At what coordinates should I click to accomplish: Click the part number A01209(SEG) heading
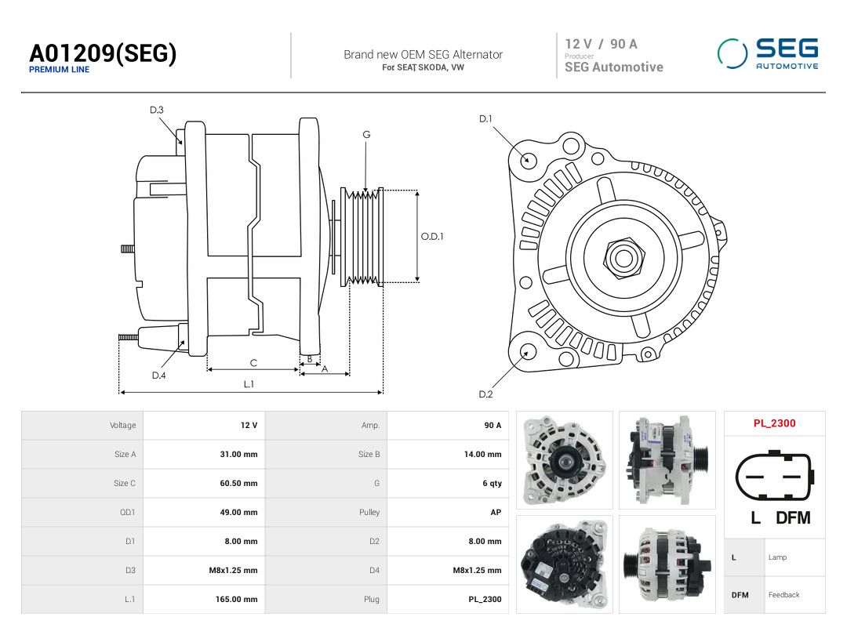pyautogui.click(x=103, y=53)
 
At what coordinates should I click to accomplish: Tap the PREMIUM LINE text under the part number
pyautogui.click(x=59, y=70)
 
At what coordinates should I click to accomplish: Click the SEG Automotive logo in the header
pyautogui.click(x=768, y=53)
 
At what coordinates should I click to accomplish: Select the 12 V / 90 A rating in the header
pyautogui.click(x=602, y=44)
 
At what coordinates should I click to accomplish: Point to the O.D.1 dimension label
pyautogui.click(x=432, y=237)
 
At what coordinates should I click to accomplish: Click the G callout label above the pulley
pyautogui.click(x=366, y=135)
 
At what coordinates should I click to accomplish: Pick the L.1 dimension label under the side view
pyautogui.click(x=249, y=384)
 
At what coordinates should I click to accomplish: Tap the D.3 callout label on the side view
pyautogui.click(x=157, y=110)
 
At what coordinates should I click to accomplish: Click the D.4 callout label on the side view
pyautogui.click(x=158, y=376)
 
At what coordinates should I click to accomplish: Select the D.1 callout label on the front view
pyautogui.click(x=485, y=119)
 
